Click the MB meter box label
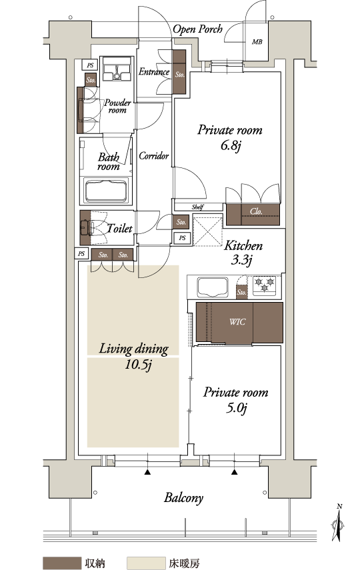[x=257, y=42]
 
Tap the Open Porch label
[x=197, y=29]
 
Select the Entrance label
[x=154, y=71]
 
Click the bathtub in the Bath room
[x=106, y=190]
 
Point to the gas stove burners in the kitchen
[x=265, y=284]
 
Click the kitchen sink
[x=213, y=287]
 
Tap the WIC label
[x=237, y=322]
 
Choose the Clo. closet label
[x=256, y=211]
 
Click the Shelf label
[x=197, y=207]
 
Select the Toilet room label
[x=119, y=228]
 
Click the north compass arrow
[x=339, y=523]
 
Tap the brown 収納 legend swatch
[x=61, y=563]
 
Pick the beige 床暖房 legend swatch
[x=146, y=563]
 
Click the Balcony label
[x=183, y=497]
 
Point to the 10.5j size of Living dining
[x=138, y=365]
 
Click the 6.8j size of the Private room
[x=231, y=146]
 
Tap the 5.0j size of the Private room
[x=237, y=408]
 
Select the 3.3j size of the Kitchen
[x=241, y=260]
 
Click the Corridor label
[x=154, y=156]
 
